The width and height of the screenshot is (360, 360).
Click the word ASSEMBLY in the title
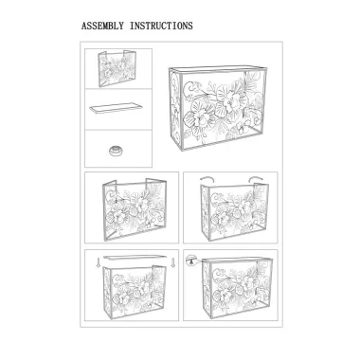[102, 26]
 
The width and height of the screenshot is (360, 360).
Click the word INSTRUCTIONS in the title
[161, 26]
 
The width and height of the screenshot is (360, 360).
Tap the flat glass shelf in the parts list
[116, 107]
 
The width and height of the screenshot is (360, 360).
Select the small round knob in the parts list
[116, 151]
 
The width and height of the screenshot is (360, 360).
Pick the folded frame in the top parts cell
[117, 68]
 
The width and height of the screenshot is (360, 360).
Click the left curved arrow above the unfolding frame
[207, 179]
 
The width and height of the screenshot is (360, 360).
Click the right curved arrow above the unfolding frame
[255, 179]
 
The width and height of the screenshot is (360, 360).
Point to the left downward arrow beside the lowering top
[99, 262]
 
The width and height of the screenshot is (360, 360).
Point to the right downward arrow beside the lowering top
[172, 262]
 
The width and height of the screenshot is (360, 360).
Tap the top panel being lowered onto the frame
[135, 257]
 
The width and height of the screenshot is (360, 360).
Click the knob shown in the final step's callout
[190, 260]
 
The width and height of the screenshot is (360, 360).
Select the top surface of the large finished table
[218, 69]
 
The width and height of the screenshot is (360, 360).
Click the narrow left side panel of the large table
[176, 108]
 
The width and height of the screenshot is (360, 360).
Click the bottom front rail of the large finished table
[223, 140]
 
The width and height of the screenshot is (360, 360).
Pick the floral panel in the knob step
[237, 286]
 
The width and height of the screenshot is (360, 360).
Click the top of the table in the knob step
[237, 260]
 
